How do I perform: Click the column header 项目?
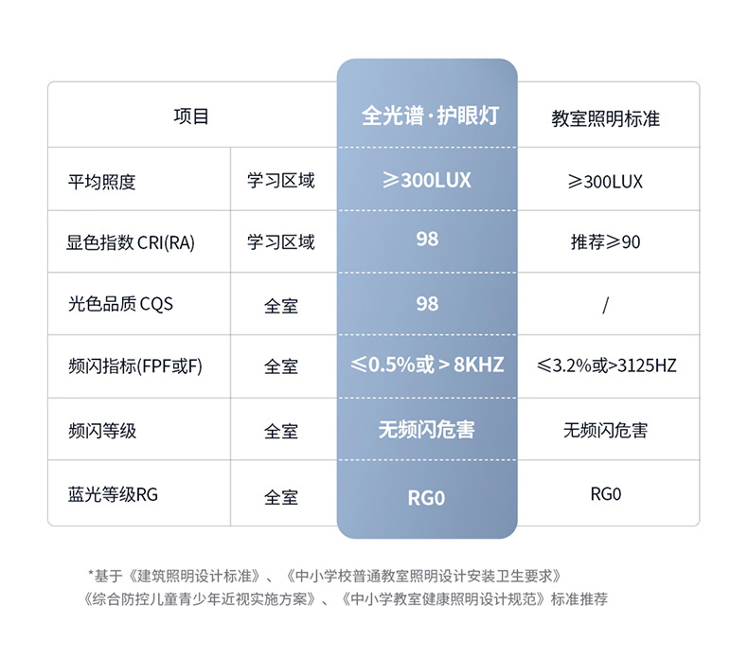point(191,116)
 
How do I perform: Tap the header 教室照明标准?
point(606,118)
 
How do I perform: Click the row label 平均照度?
point(102,181)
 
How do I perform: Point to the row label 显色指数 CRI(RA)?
point(131,242)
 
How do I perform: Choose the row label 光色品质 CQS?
point(120,305)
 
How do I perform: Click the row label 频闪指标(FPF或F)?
point(135,366)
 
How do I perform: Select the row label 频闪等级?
point(102,431)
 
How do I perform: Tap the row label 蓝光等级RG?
point(113,494)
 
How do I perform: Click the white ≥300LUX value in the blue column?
point(427,179)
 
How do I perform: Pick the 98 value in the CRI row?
point(427,239)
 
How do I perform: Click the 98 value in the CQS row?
point(427,303)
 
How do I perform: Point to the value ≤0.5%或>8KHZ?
point(427,365)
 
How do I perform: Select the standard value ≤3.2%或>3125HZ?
point(606,365)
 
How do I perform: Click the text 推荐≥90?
point(606,242)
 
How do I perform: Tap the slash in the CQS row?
point(605,305)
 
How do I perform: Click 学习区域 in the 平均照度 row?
point(281,180)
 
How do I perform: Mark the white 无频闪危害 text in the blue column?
point(427,430)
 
